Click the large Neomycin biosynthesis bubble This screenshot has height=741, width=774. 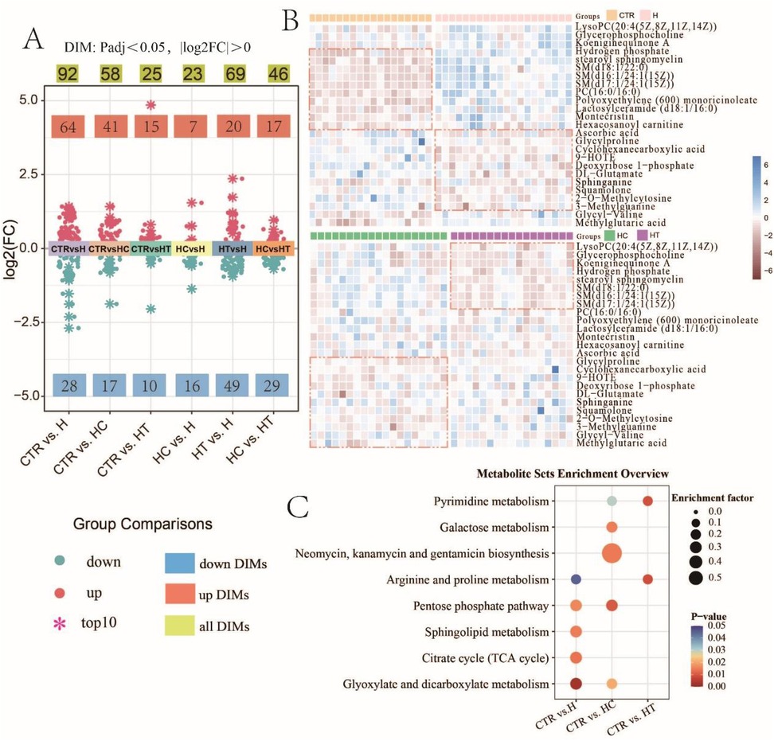pyautogui.click(x=612, y=553)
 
